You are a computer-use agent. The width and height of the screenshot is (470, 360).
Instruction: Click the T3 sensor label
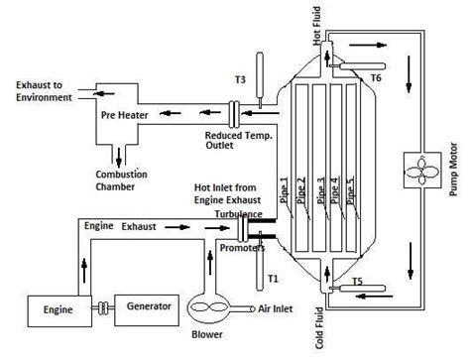(241, 80)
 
